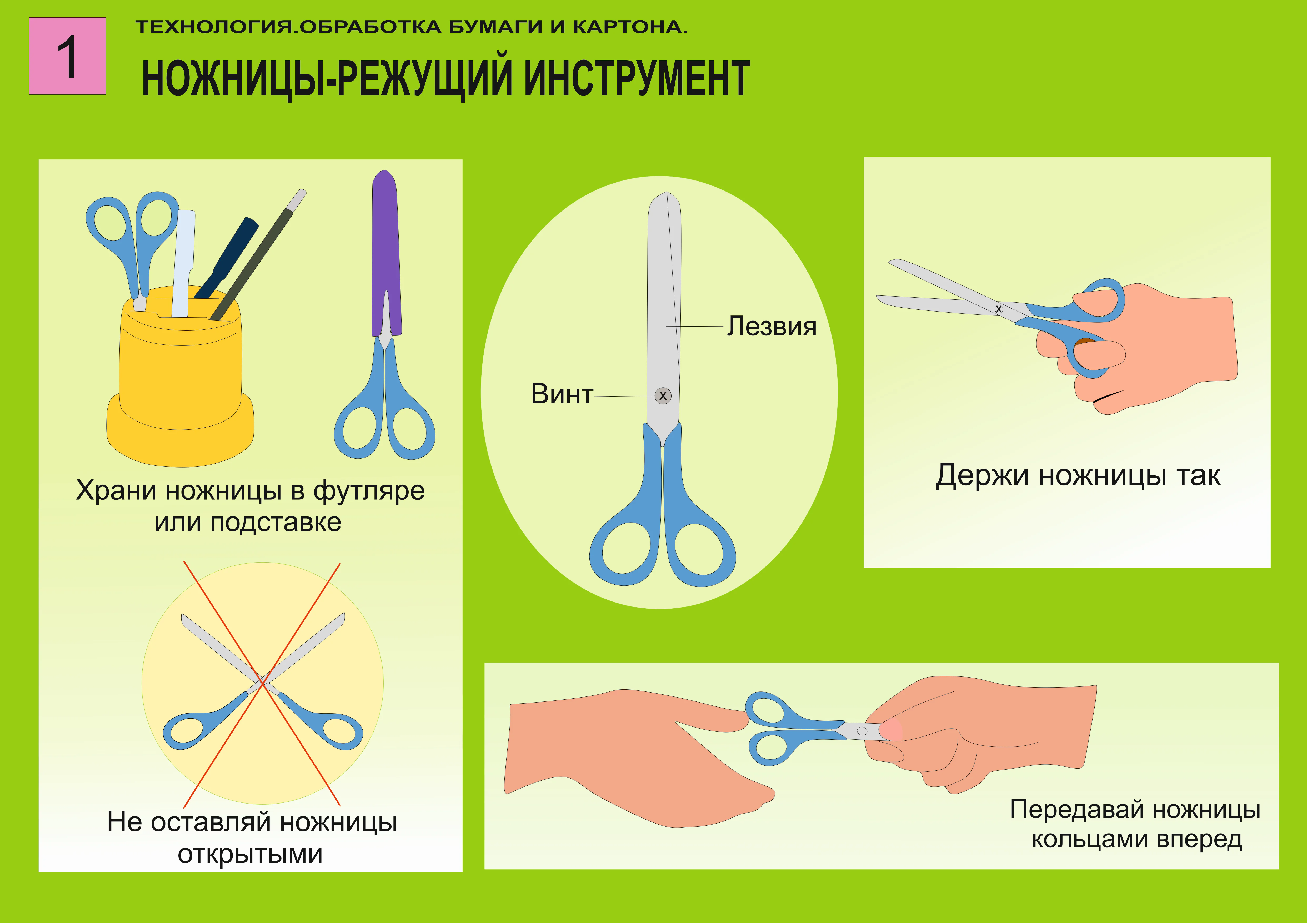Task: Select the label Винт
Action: coord(561,394)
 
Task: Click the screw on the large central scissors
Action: coord(663,395)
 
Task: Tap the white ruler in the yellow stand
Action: coord(183,262)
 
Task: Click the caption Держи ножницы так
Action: coord(1078,476)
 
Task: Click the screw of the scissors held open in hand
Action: coord(998,309)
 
